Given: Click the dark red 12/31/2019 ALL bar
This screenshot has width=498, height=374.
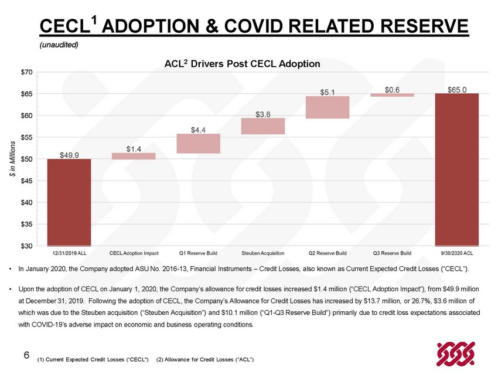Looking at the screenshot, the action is click(x=69, y=202).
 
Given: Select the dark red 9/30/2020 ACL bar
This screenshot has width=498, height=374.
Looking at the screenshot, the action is click(x=457, y=169).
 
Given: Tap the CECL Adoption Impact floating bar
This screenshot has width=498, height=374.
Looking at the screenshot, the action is click(x=134, y=156).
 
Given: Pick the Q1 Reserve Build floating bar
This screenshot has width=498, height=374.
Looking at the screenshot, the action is click(x=199, y=144).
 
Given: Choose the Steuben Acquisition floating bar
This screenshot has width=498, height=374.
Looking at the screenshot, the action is click(x=263, y=126).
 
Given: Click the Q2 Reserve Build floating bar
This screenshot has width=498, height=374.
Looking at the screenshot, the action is click(x=328, y=107).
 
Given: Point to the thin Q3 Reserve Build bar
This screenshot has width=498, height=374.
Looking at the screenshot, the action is click(x=392, y=95).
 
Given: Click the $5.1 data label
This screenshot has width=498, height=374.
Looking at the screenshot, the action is click(x=328, y=93).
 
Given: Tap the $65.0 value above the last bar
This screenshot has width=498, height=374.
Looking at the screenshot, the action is click(x=457, y=90).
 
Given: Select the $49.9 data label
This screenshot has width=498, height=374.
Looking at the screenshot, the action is click(x=69, y=155).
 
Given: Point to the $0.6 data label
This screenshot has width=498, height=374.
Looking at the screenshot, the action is click(x=392, y=90).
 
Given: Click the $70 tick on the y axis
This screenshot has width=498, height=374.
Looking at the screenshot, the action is click(x=27, y=73).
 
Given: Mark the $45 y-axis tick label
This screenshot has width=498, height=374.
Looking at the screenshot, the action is click(x=27, y=181).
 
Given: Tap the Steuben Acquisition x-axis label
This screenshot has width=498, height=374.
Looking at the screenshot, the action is click(x=263, y=253).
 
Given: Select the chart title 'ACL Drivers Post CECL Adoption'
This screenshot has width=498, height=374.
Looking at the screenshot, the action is click(x=242, y=63).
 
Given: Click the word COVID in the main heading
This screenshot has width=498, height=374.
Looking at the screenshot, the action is click(x=253, y=26).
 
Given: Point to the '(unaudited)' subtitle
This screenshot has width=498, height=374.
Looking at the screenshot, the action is click(x=59, y=45).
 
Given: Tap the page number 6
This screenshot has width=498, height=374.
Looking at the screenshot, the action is click(x=27, y=355).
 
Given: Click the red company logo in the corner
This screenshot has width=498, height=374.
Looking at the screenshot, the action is click(x=456, y=353).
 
